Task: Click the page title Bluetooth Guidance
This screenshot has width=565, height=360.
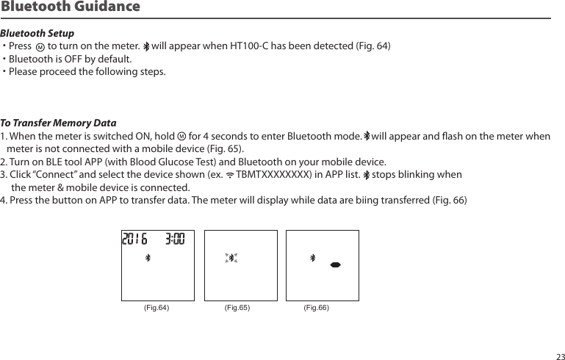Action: point(70,7)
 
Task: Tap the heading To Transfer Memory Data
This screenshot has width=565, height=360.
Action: point(58,123)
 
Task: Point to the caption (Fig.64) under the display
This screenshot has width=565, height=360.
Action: point(156,308)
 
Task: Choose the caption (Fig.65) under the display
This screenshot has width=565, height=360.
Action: point(237,308)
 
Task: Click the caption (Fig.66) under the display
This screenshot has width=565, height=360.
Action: point(317,308)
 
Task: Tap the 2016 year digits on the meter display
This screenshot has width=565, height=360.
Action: point(134,240)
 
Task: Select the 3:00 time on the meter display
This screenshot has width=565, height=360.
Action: point(175,240)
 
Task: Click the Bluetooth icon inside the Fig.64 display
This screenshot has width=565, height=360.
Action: point(147,258)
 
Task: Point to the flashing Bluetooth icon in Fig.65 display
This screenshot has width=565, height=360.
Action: point(231,258)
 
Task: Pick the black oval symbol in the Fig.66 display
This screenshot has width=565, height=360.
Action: point(335,264)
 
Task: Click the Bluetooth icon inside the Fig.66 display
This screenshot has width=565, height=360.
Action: point(312,258)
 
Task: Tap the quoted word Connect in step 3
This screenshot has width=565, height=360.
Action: point(52,175)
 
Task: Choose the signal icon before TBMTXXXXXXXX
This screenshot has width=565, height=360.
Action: point(230,176)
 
